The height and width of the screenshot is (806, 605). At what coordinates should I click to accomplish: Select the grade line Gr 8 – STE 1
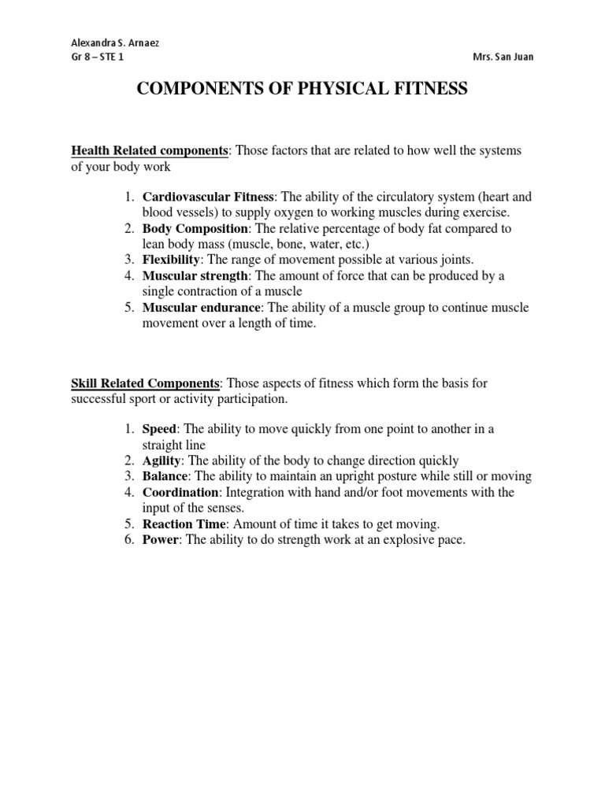point(98,57)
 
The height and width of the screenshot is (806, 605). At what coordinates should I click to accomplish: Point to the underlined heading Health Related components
point(150,150)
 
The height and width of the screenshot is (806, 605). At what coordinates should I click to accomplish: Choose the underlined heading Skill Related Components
point(146,383)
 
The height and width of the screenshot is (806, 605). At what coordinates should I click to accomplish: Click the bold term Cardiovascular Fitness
point(208,197)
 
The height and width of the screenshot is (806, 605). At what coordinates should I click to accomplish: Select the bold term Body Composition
point(195,228)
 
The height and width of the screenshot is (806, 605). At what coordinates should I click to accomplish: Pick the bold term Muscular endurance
point(199,307)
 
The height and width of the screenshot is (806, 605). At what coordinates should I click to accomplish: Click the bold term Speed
point(160,429)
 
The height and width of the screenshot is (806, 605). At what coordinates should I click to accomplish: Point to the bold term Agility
point(161,460)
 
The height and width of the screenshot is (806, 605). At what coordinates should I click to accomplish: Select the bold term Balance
point(165,476)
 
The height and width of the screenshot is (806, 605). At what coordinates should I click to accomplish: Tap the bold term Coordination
point(180,492)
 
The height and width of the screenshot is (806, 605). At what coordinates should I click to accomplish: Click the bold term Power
point(161,539)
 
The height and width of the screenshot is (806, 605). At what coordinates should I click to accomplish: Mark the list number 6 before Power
point(128,539)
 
